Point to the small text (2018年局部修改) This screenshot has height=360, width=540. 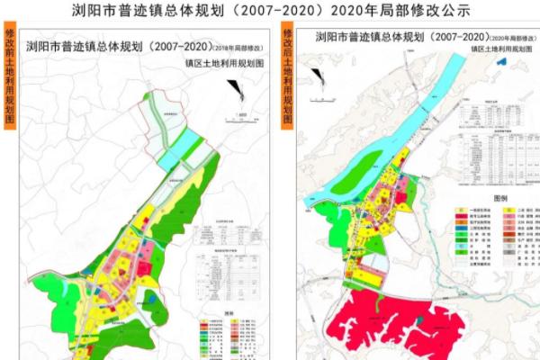[240, 46]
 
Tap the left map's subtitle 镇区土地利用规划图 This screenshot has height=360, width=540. [220, 64]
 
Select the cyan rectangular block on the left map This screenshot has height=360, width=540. [190, 142]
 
